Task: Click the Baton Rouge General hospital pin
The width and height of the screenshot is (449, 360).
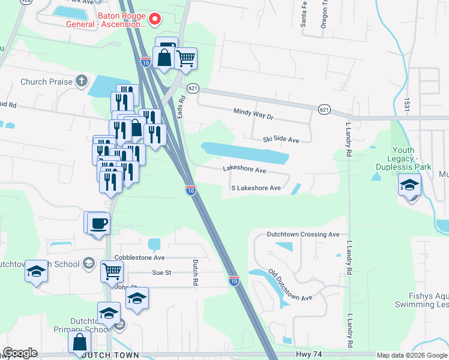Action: pos(155,20)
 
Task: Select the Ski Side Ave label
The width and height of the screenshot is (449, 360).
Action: pos(280,139)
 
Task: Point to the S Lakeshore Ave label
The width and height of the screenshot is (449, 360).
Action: pos(256,188)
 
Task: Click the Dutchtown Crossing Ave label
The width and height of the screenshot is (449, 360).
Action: pos(304,235)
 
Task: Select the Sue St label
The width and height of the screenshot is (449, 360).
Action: pos(161,272)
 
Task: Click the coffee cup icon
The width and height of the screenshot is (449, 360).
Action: pos(98,224)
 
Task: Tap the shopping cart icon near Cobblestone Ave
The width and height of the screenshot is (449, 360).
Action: pos(112,271)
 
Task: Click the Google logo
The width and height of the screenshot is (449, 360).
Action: pos(20,353)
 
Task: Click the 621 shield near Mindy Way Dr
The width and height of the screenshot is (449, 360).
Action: pos(324,109)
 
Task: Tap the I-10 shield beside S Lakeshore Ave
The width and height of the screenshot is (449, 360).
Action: pos(190,191)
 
